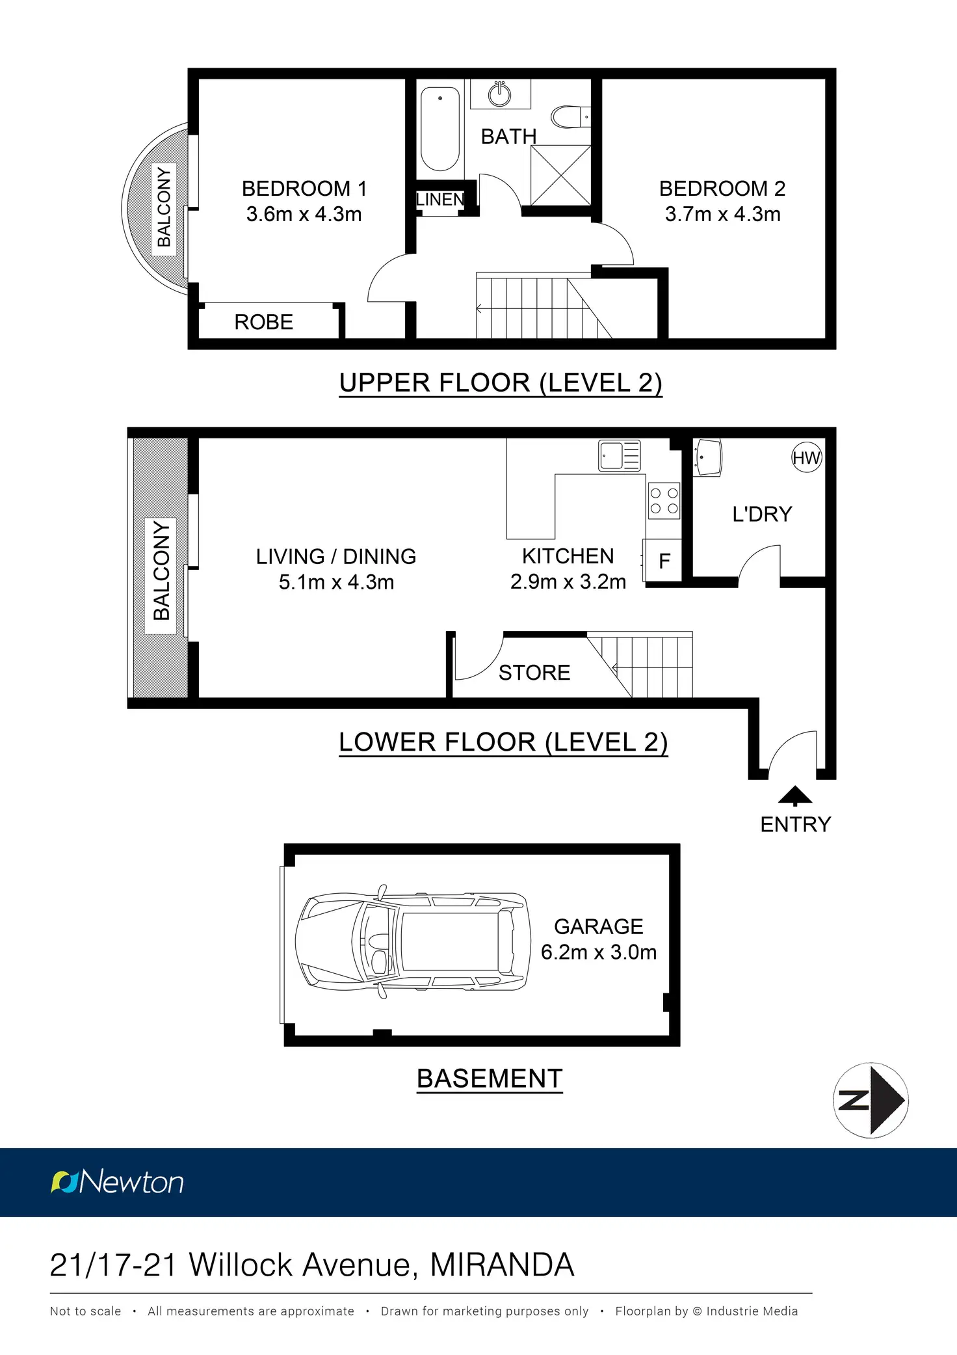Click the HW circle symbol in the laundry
point(807,457)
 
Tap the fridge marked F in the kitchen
point(662,560)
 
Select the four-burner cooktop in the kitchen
point(664,500)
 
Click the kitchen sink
point(620,455)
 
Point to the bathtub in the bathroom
point(440,129)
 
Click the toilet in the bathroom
point(570,117)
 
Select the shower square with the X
point(560,176)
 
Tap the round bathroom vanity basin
point(499,94)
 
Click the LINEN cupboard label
point(440,200)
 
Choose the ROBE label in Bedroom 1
point(263,322)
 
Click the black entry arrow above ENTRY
point(795,796)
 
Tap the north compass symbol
point(871,1101)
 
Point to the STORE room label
point(534,673)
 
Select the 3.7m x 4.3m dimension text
point(722,214)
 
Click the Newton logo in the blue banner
point(117,1182)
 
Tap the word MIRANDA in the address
point(502,1265)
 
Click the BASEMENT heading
point(490,1079)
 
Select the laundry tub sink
point(707,457)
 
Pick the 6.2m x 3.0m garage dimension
point(599,952)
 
